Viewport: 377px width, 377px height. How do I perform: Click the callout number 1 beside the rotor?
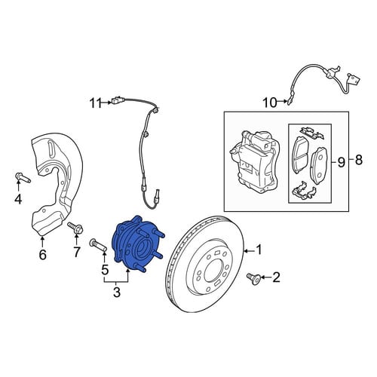click(259, 250)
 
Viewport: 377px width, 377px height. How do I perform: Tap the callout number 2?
click(276, 277)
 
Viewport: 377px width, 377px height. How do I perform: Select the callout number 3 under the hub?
click(117, 292)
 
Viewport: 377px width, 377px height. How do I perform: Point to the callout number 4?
click(18, 199)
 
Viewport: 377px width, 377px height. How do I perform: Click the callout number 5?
click(105, 269)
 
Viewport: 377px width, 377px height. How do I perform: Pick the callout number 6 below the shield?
click(42, 254)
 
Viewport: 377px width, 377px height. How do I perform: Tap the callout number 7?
click(77, 251)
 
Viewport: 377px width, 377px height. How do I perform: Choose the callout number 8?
click(359, 159)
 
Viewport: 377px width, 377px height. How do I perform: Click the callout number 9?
click(341, 162)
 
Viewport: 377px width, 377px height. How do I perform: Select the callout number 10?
click(270, 103)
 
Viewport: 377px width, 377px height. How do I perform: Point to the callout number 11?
click(96, 103)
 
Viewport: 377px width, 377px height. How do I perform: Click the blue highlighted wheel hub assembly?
click(137, 244)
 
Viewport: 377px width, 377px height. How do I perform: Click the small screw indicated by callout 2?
click(253, 278)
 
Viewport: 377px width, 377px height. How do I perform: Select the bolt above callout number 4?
click(23, 177)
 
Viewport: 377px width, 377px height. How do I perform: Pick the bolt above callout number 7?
click(75, 228)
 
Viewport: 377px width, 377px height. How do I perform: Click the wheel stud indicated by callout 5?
click(98, 245)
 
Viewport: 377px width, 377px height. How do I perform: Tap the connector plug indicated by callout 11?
click(116, 101)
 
